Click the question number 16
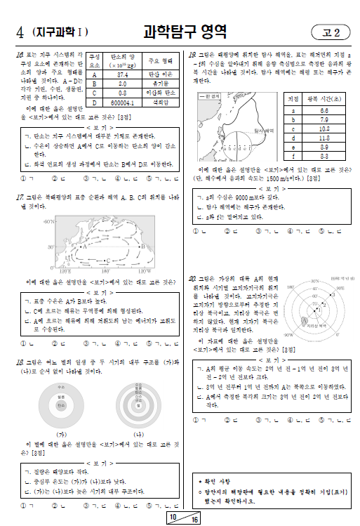coord(20,54)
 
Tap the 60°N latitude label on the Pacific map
coord(49,221)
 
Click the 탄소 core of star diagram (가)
coord(62,406)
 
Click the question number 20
coord(193,279)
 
